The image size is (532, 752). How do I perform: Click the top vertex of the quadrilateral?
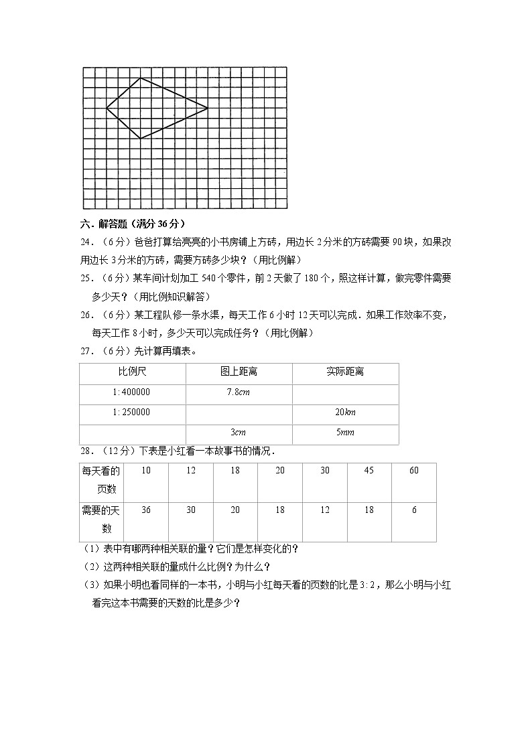click(x=140, y=78)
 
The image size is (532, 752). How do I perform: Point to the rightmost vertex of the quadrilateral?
click(x=208, y=107)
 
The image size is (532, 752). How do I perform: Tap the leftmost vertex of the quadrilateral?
click(x=107, y=107)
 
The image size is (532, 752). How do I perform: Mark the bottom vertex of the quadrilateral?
click(x=140, y=139)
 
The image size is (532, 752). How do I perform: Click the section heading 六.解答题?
click(x=132, y=224)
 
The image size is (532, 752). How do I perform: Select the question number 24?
click(x=88, y=242)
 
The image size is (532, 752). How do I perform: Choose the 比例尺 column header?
click(x=132, y=372)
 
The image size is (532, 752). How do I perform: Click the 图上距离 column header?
click(x=239, y=372)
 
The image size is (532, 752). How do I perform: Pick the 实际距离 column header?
click(x=345, y=372)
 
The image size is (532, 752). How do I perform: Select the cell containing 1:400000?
click(x=132, y=392)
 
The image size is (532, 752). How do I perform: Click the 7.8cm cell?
click(x=239, y=392)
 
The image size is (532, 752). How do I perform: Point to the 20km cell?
click(x=345, y=412)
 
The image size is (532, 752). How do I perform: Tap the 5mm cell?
click(x=345, y=433)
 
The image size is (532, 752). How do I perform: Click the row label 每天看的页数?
click(x=101, y=480)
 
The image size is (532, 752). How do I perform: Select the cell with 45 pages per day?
click(x=369, y=471)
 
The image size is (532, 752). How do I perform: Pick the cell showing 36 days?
click(x=146, y=510)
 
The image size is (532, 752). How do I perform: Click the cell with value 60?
click(x=414, y=471)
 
